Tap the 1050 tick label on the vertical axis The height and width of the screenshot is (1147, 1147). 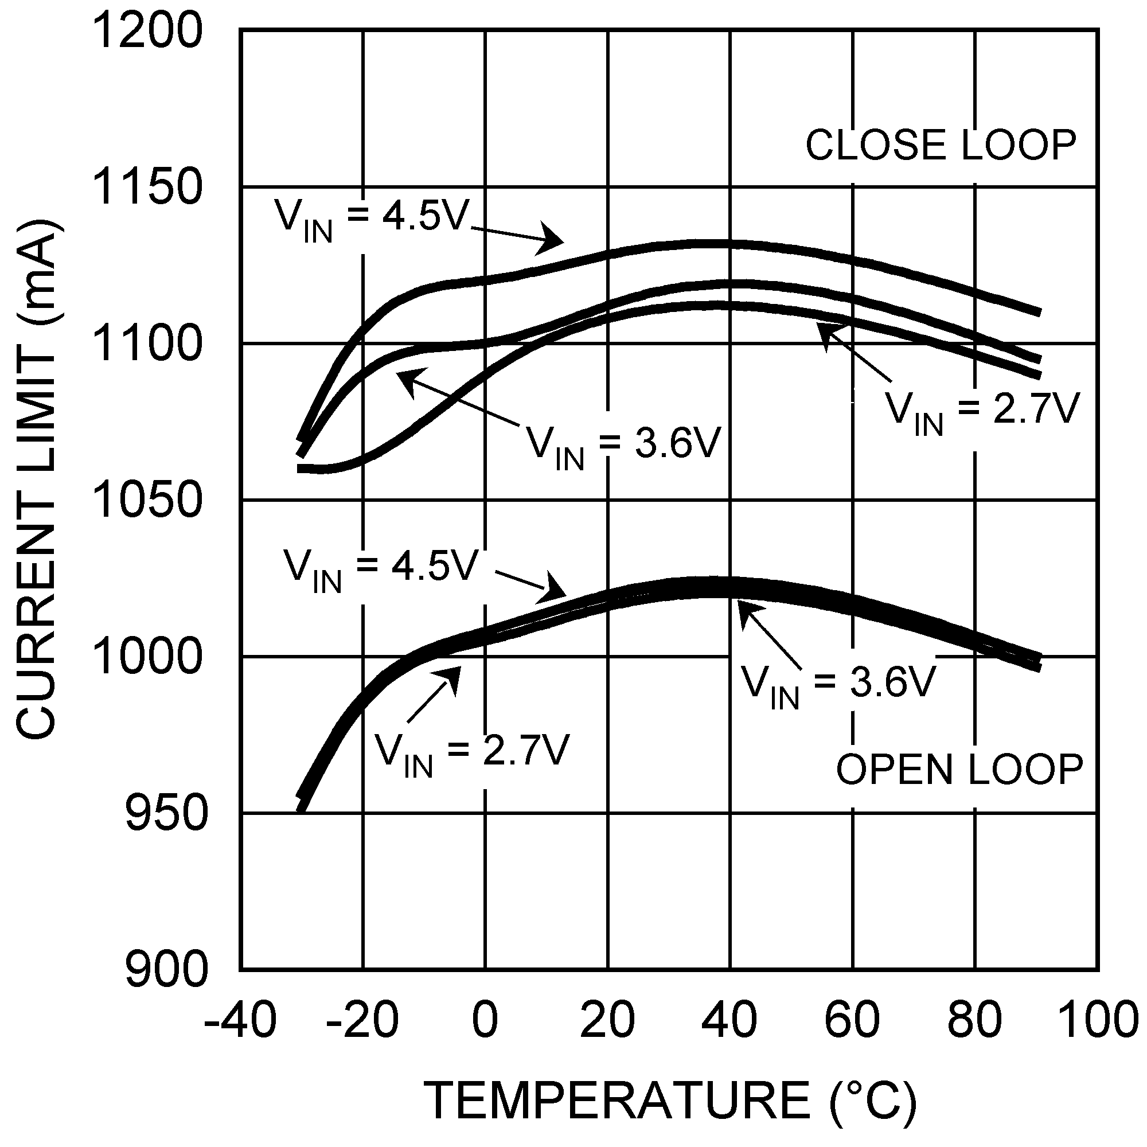point(148,501)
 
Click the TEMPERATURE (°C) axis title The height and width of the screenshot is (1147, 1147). point(671,1101)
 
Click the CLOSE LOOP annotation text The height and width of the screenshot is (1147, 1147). point(941,145)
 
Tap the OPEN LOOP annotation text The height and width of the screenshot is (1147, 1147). point(959,770)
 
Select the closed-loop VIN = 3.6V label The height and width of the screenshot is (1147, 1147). point(623,448)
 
